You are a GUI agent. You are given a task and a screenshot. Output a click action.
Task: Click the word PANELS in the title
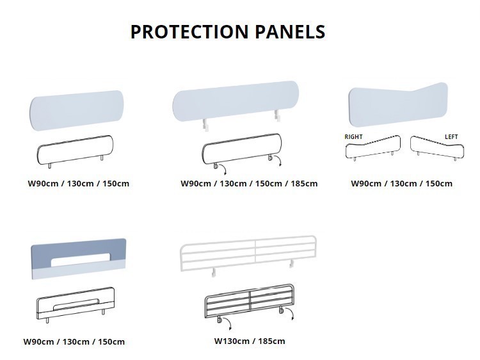pos(289,32)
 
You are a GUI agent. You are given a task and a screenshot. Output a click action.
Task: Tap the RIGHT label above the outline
pos(353,137)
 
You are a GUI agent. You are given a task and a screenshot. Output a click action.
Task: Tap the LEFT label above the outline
pos(451,137)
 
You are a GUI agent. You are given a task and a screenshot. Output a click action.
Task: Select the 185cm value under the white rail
pos(271,341)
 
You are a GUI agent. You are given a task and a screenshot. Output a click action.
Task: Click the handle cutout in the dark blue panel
pos(80,260)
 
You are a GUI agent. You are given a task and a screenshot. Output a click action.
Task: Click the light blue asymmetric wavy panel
pos(398,104)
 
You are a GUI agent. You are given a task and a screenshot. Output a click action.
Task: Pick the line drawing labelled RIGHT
pos(373,148)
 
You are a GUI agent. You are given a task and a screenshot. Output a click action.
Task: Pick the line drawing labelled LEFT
pos(437,148)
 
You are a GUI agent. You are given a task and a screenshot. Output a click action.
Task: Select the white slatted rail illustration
pos(248,254)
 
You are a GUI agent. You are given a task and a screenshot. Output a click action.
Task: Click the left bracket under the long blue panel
pos(205,125)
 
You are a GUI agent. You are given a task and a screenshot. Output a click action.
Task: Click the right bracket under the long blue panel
pos(278,115)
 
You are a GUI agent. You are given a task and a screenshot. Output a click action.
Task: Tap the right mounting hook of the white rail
pos(292,263)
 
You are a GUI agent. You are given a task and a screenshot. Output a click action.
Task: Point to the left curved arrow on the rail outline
pos(227,323)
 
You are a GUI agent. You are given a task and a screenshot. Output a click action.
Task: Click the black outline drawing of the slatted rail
pos(249,304)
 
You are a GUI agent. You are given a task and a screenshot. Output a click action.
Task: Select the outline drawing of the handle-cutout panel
pos(76,305)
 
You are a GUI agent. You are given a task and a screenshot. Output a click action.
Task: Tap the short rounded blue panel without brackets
pos(77,111)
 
